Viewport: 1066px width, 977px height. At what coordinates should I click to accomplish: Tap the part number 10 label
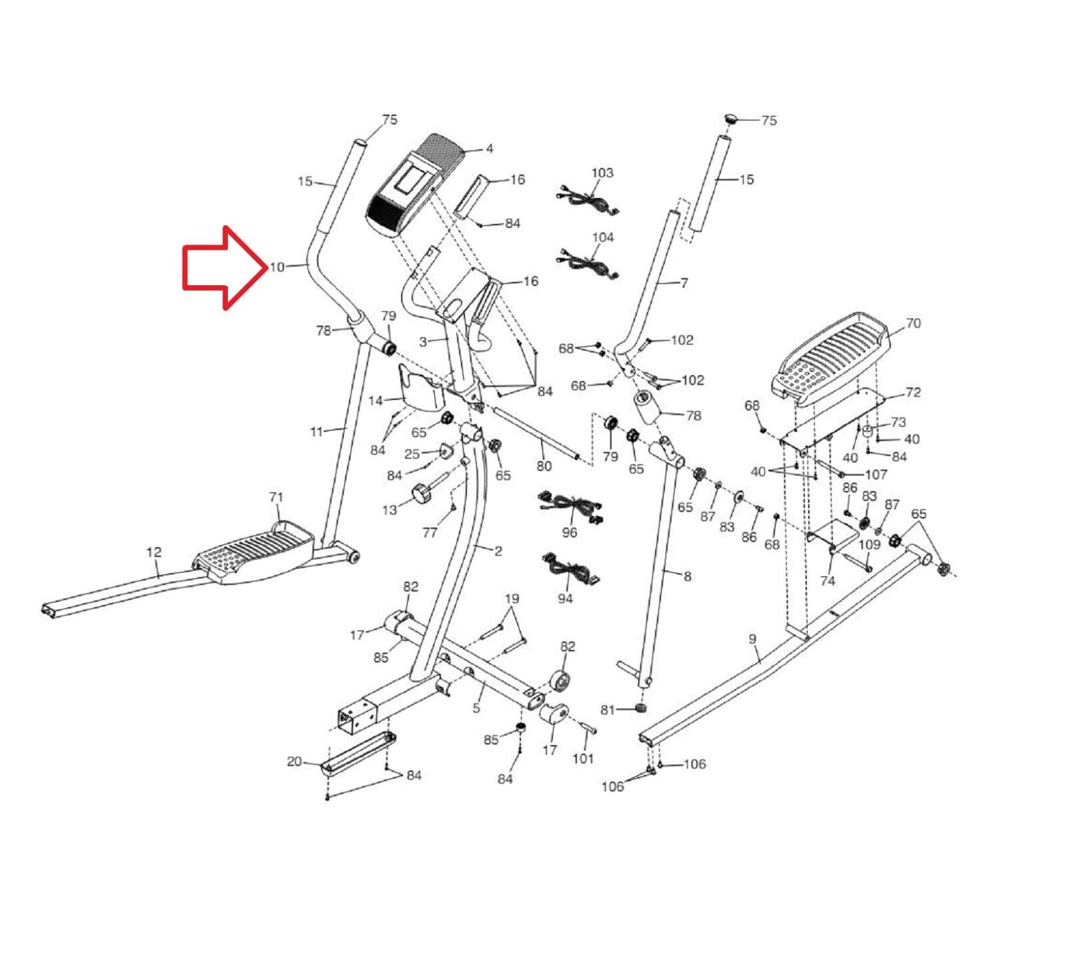pos(276,267)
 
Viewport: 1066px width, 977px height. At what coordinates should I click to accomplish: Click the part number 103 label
pos(602,173)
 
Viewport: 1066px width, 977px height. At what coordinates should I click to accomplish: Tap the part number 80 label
pos(544,466)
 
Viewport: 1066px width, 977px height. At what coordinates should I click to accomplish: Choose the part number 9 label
pos(752,639)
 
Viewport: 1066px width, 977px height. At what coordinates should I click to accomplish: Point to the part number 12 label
pos(154,552)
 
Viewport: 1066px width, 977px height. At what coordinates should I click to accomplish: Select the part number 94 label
pos(565,598)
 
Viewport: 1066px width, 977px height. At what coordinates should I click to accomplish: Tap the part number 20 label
pos(294,762)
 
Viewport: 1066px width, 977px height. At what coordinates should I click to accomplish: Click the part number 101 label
pos(583,758)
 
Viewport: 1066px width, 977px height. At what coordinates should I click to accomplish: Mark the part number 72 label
pos(913,392)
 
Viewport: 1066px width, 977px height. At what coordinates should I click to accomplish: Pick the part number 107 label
pos(875,475)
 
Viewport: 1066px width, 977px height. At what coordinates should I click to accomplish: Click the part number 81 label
pos(608,710)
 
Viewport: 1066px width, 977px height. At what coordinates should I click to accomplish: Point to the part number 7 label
pos(684,283)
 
